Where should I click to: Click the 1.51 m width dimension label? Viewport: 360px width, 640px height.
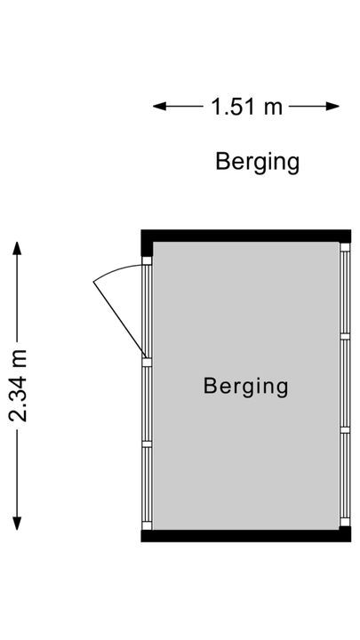pyautogui.click(x=246, y=107)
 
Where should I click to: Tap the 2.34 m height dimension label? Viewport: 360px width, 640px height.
pyautogui.click(x=19, y=386)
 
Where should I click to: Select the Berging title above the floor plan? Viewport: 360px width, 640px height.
pyautogui.click(x=258, y=162)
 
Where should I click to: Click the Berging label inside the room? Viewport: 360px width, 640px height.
pyautogui.click(x=245, y=386)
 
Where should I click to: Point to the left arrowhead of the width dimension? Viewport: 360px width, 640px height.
pyautogui.click(x=160, y=107)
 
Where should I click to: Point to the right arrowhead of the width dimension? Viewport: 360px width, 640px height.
pyautogui.click(x=332, y=107)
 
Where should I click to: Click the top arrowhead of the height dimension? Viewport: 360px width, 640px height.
pyautogui.click(x=17, y=248)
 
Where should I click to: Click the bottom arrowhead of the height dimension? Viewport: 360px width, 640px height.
pyautogui.click(x=17, y=524)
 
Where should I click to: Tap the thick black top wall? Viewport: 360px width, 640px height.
pyautogui.click(x=245, y=236)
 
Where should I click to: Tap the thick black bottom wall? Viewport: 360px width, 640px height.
pyautogui.click(x=245, y=536)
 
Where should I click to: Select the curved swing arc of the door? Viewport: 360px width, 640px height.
pyautogui.click(x=116, y=270)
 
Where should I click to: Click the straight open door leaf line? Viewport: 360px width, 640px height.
pyautogui.click(x=119, y=319)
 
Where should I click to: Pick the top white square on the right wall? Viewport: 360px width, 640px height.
pyautogui.click(x=345, y=247)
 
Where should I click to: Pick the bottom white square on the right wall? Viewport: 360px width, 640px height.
pyautogui.click(x=345, y=522)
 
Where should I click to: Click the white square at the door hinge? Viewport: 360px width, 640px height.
pyautogui.click(x=147, y=362)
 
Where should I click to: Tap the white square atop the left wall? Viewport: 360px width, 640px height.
pyautogui.click(x=147, y=260)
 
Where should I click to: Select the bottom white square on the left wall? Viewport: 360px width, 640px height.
pyautogui.click(x=147, y=525)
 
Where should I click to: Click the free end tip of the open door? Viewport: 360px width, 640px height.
pyautogui.click(x=94, y=282)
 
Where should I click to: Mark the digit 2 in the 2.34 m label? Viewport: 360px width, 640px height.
pyautogui.click(x=19, y=415)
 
